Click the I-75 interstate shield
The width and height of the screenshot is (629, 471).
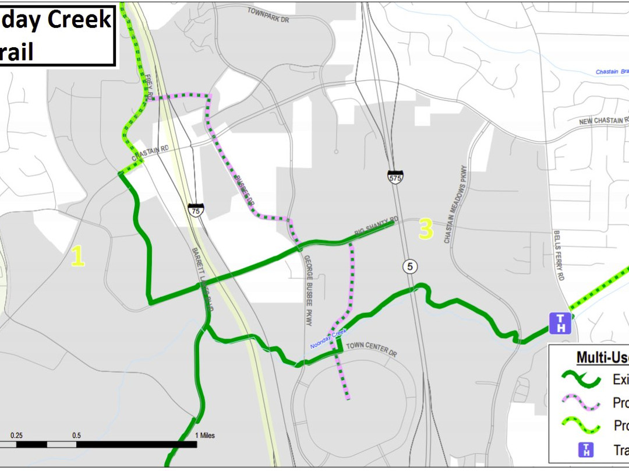pos(196,210)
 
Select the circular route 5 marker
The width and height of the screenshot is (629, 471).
pos(410,266)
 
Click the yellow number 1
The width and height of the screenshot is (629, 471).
pos(77,256)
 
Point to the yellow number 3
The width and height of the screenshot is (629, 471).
pos(426,230)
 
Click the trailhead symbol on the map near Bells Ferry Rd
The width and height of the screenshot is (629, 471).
pos(560,323)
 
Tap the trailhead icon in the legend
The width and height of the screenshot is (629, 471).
pos(586,450)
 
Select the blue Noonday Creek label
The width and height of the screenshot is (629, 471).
pos(328,339)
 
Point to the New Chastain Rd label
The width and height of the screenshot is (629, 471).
pos(603,121)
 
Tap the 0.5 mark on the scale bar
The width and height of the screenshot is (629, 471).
pos(76,435)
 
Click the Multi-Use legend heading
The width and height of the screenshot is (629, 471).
pos(602,357)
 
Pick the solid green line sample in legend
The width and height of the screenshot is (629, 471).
pos(581,379)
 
